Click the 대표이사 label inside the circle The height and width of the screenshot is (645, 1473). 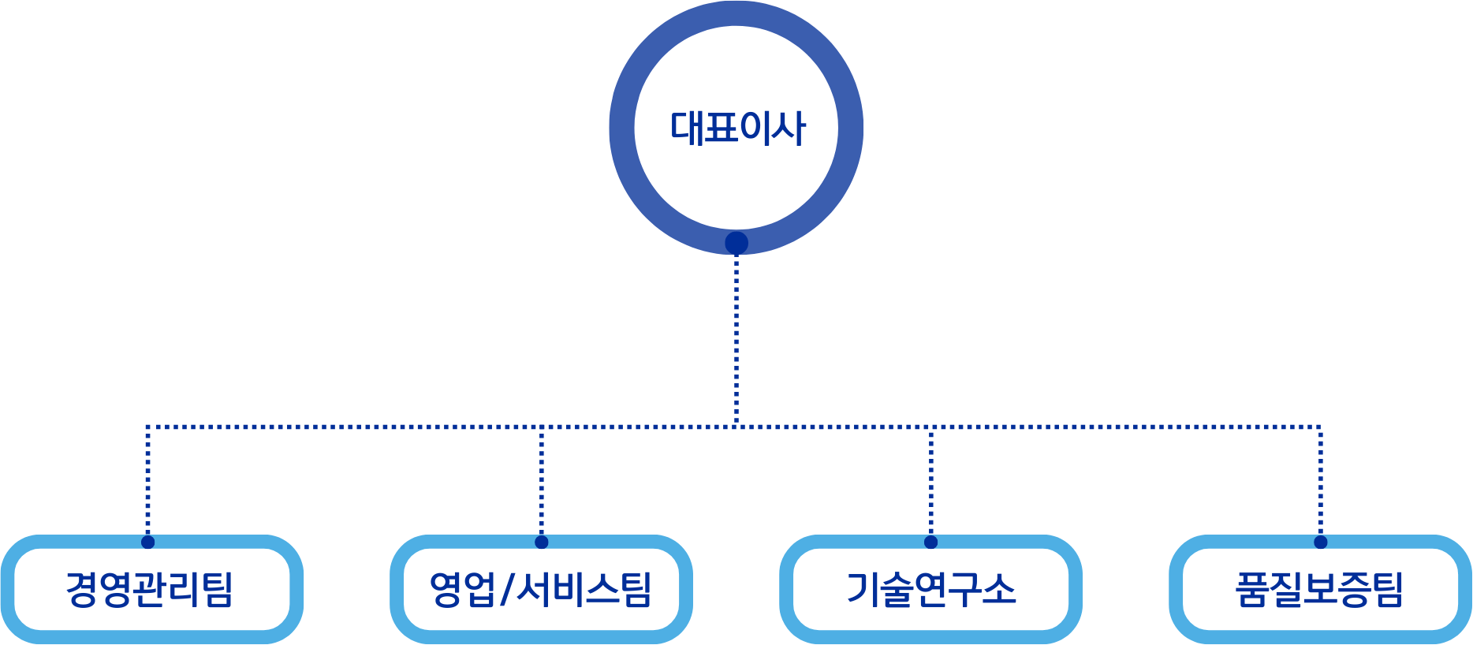tap(737, 128)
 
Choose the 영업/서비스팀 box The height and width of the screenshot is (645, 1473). tap(541, 590)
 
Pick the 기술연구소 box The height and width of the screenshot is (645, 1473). tap(930, 590)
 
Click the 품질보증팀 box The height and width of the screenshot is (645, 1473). tap(1320, 590)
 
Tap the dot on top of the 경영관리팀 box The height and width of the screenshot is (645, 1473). tap(147, 542)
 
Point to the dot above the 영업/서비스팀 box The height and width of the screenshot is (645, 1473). tap(541, 542)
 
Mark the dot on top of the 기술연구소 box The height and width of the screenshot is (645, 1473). tap(930, 542)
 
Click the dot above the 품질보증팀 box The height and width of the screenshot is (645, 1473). tap(1320, 542)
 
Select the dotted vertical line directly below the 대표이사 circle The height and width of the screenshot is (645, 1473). tap(736, 339)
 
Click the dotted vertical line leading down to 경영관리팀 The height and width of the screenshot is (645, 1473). tap(147, 481)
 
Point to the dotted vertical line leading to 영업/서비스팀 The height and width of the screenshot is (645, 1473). tap(541, 481)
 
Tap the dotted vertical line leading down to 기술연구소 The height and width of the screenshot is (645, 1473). tap(930, 481)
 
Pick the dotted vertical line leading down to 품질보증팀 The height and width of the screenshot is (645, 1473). tap(1320, 481)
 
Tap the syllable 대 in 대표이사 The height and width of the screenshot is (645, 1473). tap(686, 128)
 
